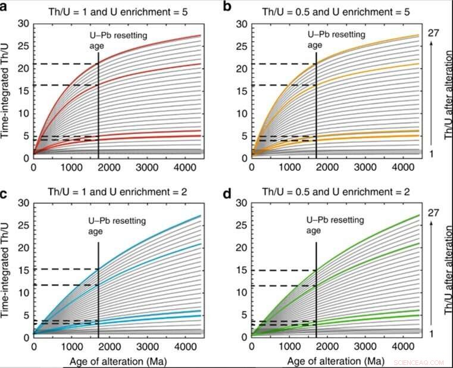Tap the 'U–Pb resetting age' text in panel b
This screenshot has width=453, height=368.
333,40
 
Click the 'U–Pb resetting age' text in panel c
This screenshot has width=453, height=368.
112,224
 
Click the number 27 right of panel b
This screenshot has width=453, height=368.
433,33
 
